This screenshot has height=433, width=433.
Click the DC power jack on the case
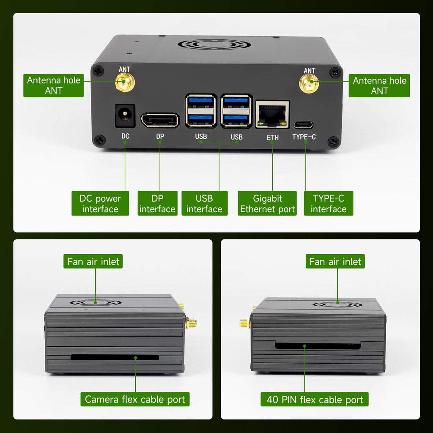(x=125, y=116)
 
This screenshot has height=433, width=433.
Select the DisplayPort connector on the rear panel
(x=160, y=120)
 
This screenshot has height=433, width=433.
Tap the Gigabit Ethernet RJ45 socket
(x=272, y=114)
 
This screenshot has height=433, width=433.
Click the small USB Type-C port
(x=303, y=125)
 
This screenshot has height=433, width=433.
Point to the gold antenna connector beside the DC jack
(x=125, y=82)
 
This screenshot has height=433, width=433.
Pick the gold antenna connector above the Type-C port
(x=309, y=84)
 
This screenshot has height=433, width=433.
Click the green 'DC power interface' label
(x=100, y=203)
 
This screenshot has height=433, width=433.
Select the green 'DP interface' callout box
(x=157, y=203)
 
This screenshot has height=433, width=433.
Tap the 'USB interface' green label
(x=204, y=203)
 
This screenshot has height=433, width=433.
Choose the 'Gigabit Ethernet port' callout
(x=267, y=203)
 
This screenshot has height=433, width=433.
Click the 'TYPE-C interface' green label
(x=329, y=203)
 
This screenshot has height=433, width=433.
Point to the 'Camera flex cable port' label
(x=135, y=399)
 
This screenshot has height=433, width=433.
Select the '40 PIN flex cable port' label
(x=315, y=399)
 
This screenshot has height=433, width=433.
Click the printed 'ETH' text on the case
(x=273, y=137)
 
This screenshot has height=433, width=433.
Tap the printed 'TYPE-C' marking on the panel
(x=304, y=137)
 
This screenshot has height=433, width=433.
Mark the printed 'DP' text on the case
(x=160, y=137)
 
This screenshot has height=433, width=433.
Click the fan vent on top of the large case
(x=214, y=44)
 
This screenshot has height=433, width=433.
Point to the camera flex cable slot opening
(x=115, y=357)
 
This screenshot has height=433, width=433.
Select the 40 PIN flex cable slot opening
(x=318, y=345)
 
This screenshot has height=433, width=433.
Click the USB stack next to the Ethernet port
(x=236, y=111)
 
